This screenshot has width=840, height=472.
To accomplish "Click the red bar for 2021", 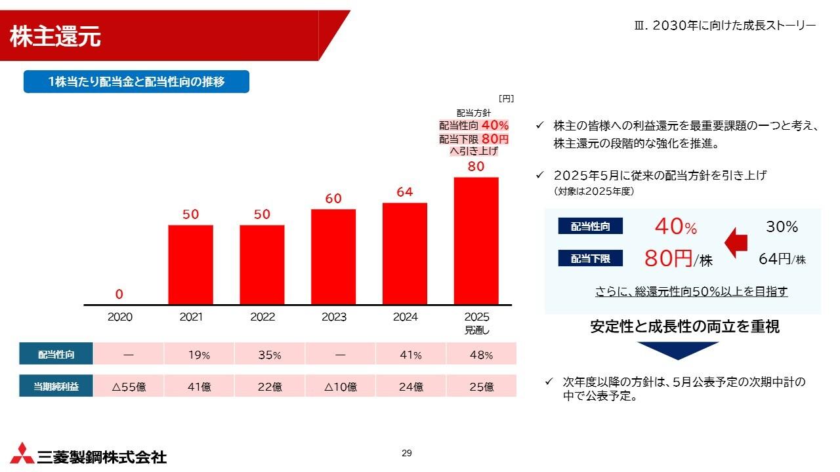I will point(190,265).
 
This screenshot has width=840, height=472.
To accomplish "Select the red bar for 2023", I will point(333,257).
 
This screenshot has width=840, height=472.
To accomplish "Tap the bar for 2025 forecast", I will point(476,241).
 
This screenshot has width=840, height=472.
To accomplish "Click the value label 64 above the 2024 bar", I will point(405,193).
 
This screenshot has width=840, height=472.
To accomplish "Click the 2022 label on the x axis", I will point(262,317).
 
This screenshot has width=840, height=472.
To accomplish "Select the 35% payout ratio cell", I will point(268,355).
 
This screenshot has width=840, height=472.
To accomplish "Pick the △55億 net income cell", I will point(129,387).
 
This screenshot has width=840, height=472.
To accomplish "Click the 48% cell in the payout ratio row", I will point(481,355).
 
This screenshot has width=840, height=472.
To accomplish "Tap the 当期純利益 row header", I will point(56,387).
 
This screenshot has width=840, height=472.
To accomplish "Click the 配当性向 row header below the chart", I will point(56,355).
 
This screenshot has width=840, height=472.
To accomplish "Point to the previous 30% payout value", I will point(782,227).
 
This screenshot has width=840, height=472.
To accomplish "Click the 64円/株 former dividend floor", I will point(782,259).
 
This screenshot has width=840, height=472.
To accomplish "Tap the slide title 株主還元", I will point(55,37).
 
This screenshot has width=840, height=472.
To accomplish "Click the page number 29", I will point(407,454).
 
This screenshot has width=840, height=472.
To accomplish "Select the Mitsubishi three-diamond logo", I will point(22,453).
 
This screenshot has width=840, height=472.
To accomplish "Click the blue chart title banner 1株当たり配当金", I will point(136,82).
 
